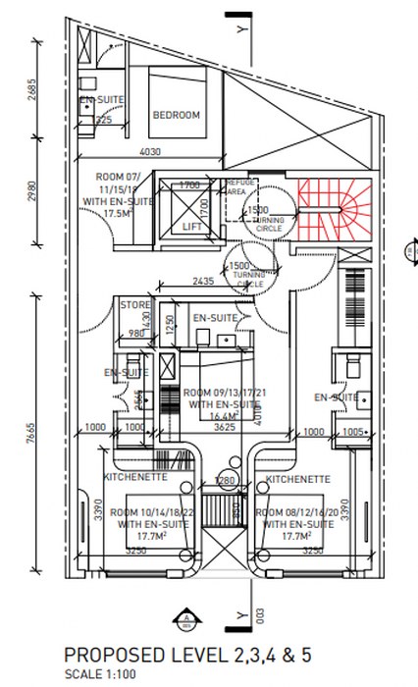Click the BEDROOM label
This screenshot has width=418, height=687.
177,115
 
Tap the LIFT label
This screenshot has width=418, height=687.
192,225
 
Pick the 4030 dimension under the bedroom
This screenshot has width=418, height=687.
149,152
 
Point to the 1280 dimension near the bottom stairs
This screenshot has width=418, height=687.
226,480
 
